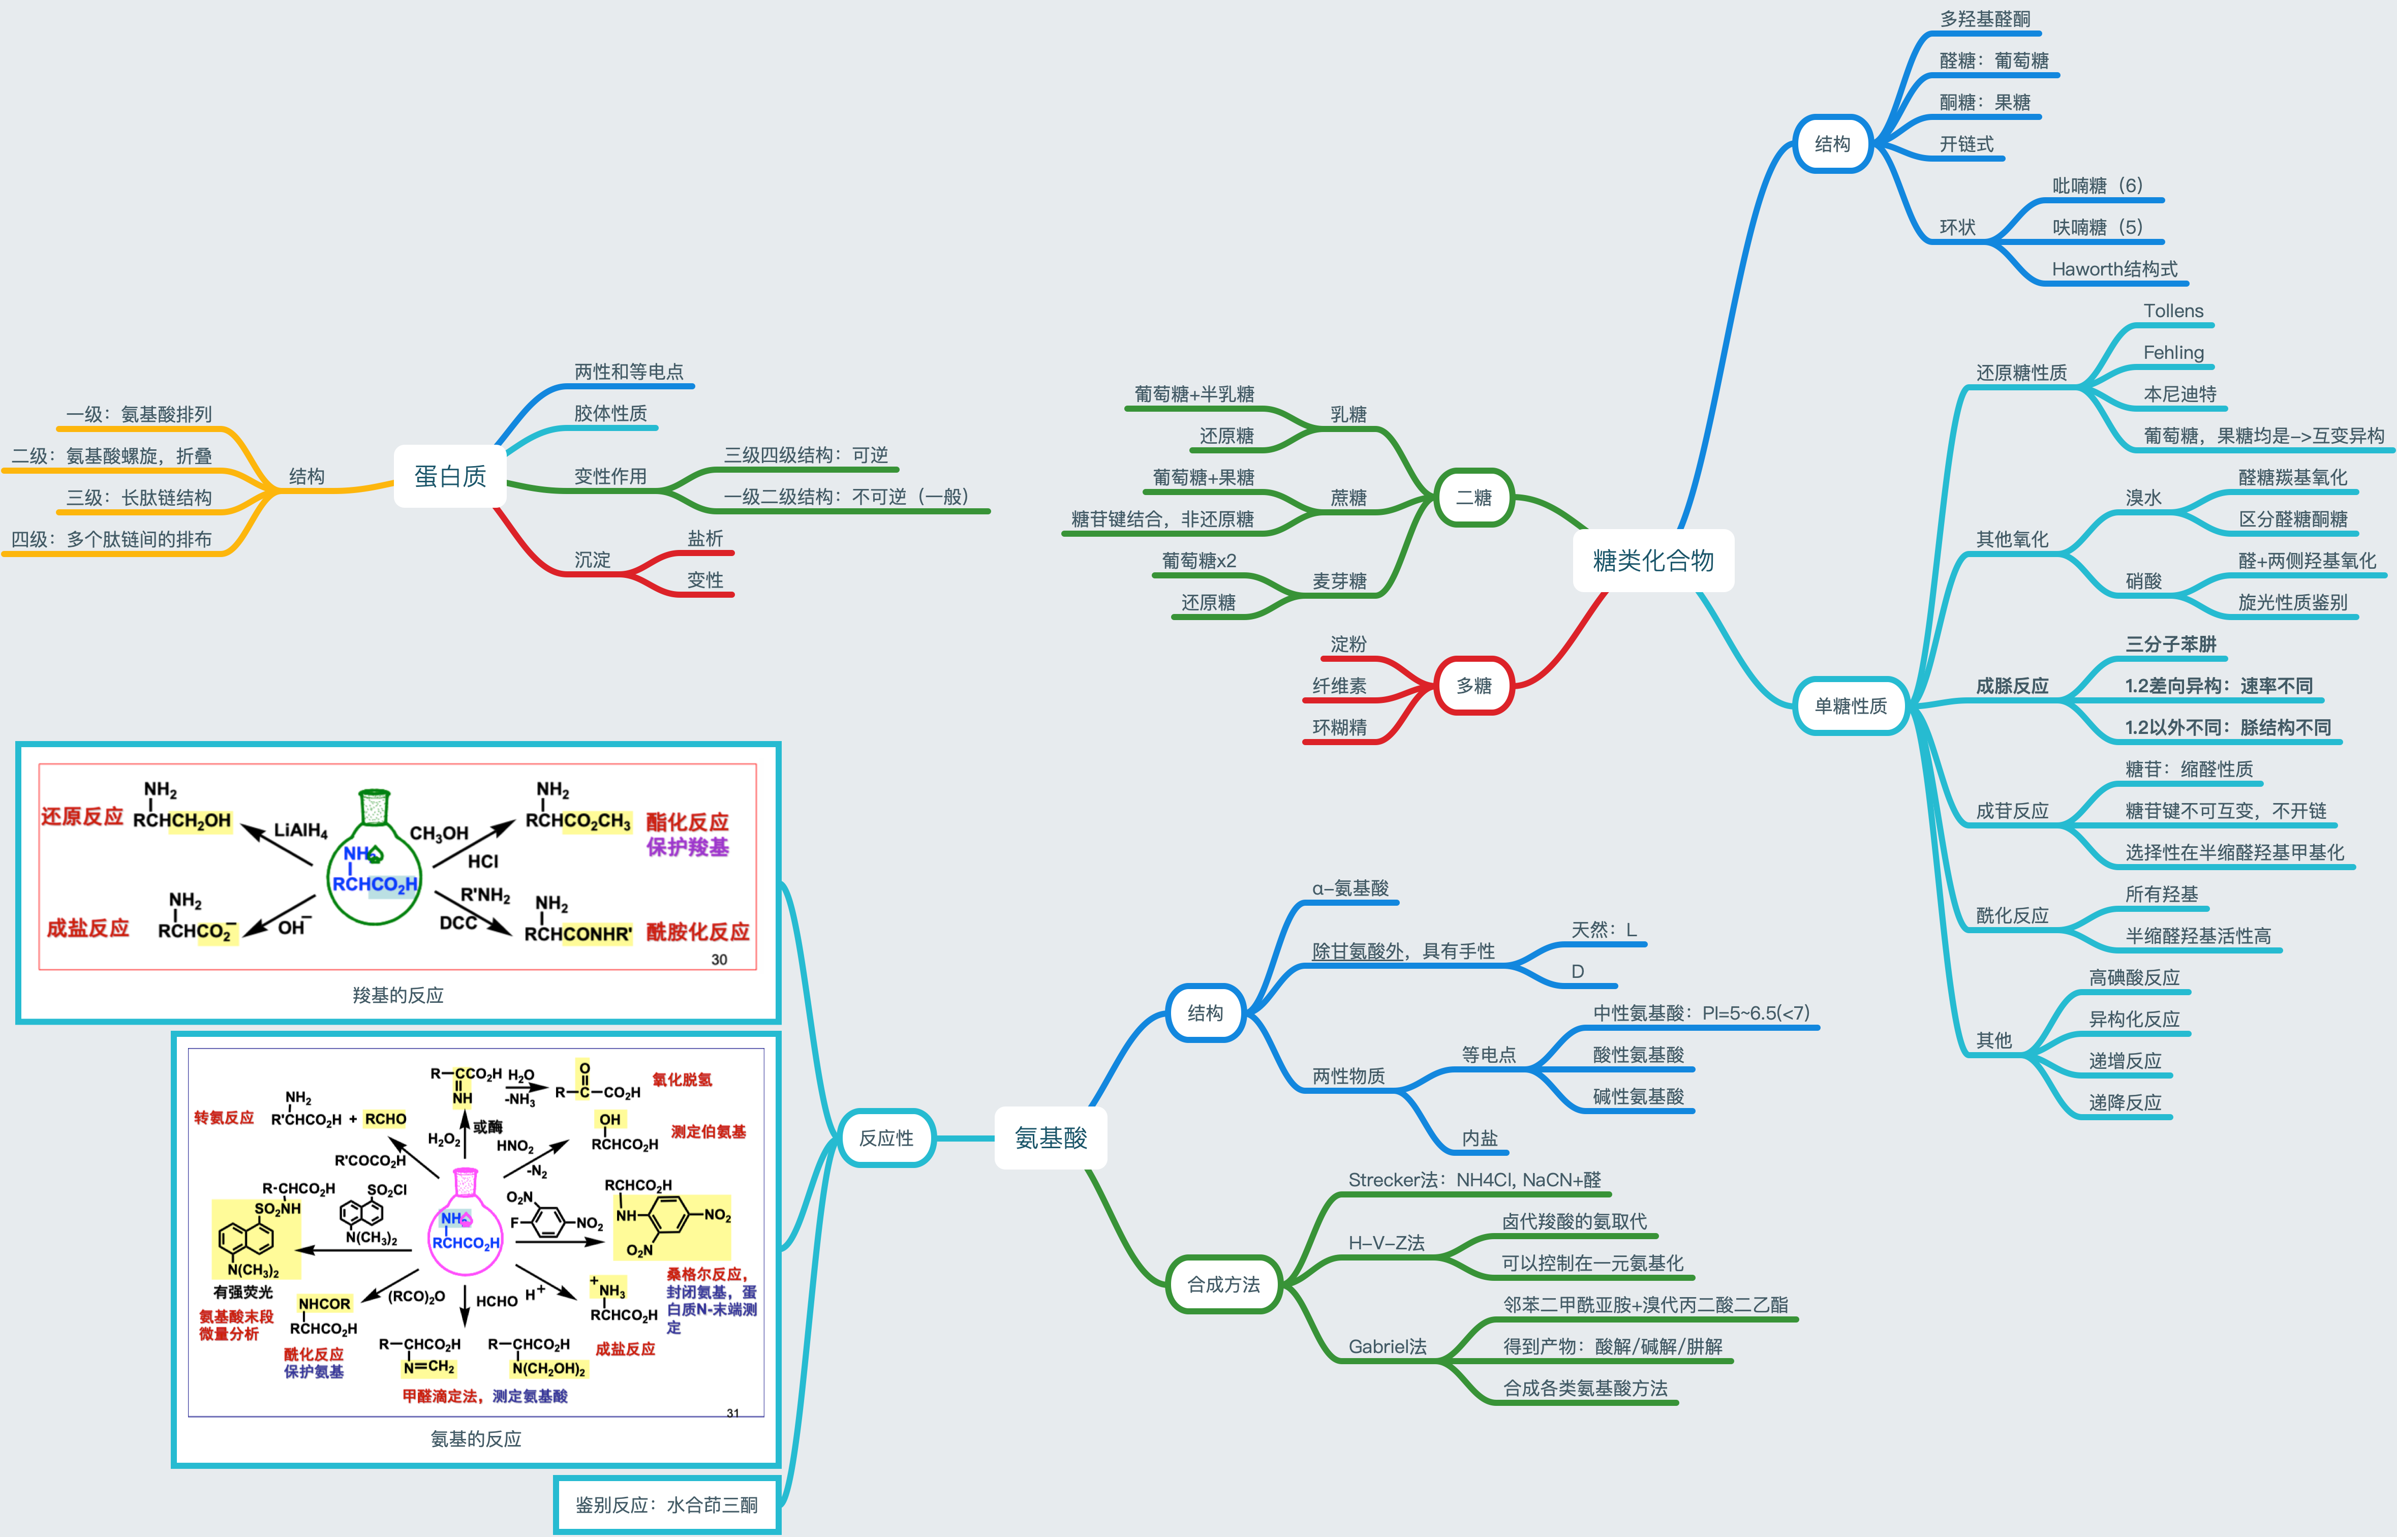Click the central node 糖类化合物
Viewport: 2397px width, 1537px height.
pyautogui.click(x=1652, y=561)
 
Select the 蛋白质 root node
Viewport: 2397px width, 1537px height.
pyautogui.click(x=450, y=476)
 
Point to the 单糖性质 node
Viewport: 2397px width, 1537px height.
pyautogui.click(x=1850, y=705)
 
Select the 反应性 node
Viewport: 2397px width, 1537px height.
pyautogui.click(x=885, y=1138)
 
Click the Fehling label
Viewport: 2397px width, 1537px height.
pyautogui.click(x=2172, y=352)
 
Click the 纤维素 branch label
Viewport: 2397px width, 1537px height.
pyautogui.click(x=1339, y=686)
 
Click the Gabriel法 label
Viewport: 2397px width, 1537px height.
pyautogui.click(x=1387, y=1346)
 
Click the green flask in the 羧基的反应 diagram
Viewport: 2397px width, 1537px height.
pyautogui.click(x=374, y=868)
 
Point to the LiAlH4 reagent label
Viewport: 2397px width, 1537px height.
pyautogui.click(x=300, y=831)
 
